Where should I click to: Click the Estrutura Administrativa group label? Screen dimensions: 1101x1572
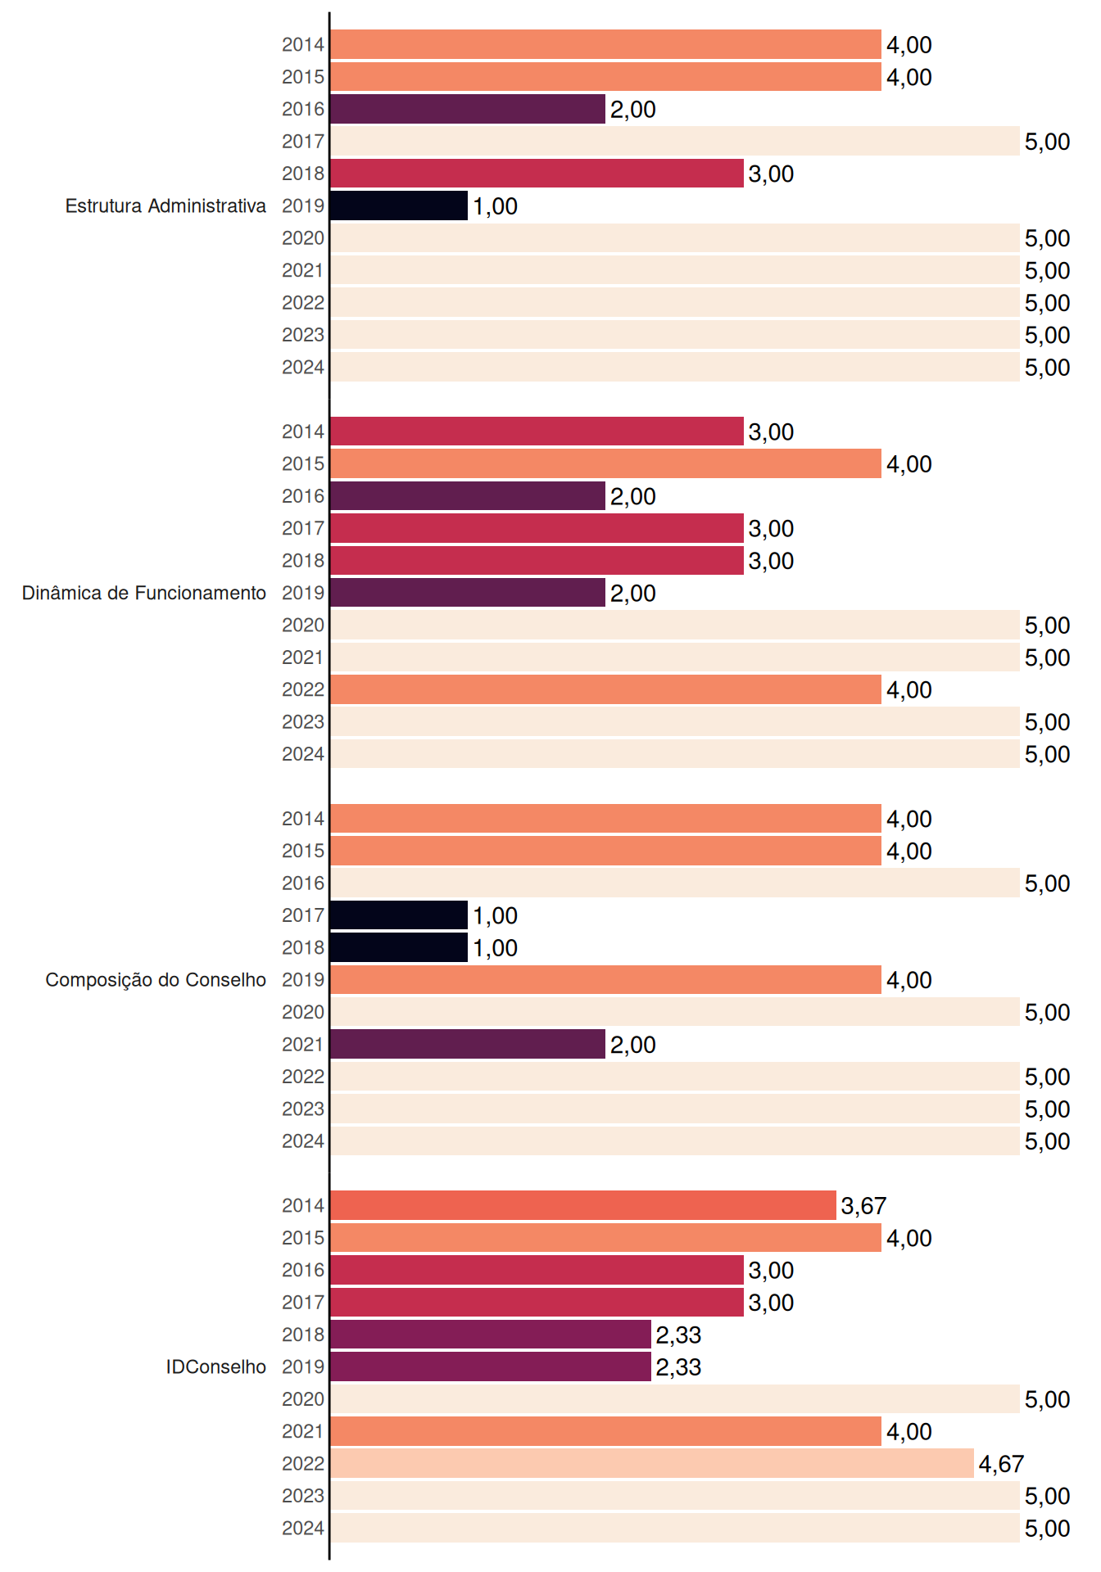click(165, 206)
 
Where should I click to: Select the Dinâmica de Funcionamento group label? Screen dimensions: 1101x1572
click(144, 593)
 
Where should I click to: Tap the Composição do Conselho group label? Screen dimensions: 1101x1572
click(156, 980)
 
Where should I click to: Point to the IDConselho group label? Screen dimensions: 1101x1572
click(216, 1366)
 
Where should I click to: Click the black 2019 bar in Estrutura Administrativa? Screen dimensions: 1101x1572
click(399, 206)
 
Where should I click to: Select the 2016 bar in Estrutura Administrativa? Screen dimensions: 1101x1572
click(468, 109)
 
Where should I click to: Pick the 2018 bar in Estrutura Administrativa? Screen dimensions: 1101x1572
click(537, 174)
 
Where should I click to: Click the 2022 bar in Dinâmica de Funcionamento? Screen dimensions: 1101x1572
click(606, 689)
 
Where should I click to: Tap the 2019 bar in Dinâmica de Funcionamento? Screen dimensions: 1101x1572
click(468, 593)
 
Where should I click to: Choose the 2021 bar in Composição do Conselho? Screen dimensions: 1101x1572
click(468, 1044)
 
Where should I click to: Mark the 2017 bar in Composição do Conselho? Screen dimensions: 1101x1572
click(399, 915)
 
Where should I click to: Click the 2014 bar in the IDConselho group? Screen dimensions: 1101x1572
click(583, 1205)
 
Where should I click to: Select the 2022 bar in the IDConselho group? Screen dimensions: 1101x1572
click(652, 1463)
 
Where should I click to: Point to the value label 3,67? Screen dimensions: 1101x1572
click(863, 1206)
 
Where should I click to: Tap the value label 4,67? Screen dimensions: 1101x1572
click(1001, 1464)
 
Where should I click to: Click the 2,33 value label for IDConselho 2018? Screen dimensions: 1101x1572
click(678, 1335)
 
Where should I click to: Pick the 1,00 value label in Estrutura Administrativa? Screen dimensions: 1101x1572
click(495, 206)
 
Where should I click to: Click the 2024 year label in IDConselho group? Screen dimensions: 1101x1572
click(303, 1528)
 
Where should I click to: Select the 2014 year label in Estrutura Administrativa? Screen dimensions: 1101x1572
click(303, 45)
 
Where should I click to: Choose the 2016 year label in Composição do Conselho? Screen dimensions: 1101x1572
click(303, 883)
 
